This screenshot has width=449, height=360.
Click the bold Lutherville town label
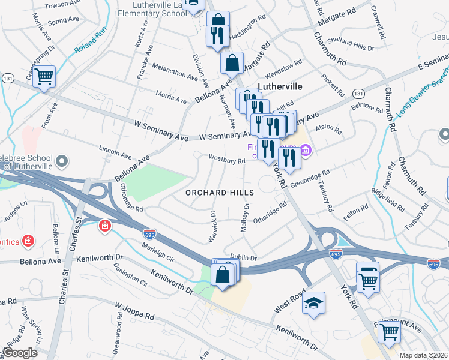tap(279, 86)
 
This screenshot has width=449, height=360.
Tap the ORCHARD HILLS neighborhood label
tap(219, 193)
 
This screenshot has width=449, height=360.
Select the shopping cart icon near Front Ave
tap(44, 77)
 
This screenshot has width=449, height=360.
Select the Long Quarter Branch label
tap(418, 98)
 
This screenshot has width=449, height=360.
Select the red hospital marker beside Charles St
tap(104, 226)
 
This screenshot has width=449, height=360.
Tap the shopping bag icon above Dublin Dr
tap(223, 275)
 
